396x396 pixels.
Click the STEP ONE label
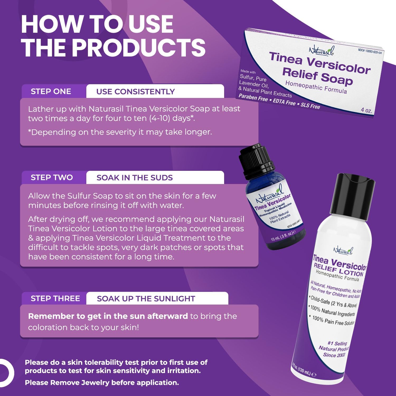click(x=51, y=91)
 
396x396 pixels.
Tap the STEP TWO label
click(x=52, y=177)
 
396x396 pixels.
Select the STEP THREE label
click(x=55, y=298)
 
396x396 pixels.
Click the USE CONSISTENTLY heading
click(x=135, y=92)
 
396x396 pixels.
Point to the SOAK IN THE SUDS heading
click(x=135, y=178)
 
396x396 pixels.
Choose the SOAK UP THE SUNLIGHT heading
click(x=146, y=299)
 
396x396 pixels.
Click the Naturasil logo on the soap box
click(x=321, y=50)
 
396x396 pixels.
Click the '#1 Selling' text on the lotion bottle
click(x=337, y=343)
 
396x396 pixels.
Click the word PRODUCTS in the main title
click(x=139, y=48)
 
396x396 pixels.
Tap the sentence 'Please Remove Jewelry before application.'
click(x=102, y=383)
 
